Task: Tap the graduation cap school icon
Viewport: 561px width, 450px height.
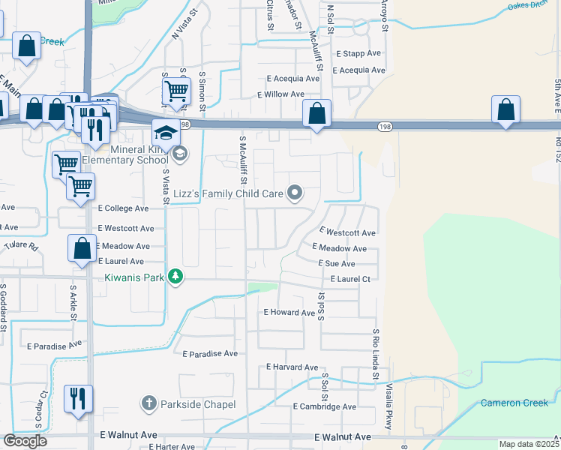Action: (166, 134)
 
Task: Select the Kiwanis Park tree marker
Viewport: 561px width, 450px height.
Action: (175, 277)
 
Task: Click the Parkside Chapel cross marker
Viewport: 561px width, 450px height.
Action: (149, 404)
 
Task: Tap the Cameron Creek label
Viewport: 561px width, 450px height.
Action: (514, 403)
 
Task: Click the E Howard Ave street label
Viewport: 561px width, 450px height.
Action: (289, 312)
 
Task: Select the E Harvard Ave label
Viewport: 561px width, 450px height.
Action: (292, 367)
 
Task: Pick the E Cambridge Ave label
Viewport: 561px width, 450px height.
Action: (325, 406)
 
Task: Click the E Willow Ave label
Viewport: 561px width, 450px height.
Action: (280, 94)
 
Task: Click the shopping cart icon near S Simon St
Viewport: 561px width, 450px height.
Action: (176, 91)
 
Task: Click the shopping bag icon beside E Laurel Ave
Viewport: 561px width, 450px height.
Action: (82, 248)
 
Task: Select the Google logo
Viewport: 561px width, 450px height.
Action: (25, 441)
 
